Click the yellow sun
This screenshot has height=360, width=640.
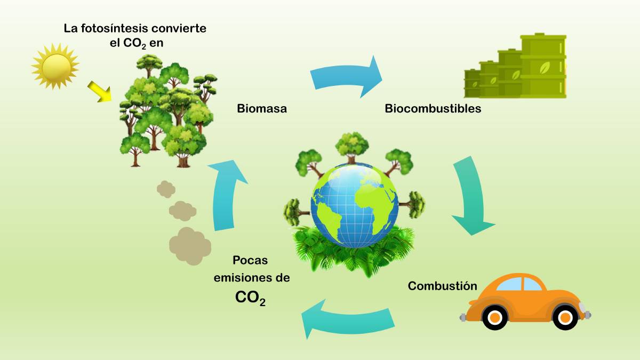[55, 67]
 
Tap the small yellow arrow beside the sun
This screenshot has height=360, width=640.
[100, 91]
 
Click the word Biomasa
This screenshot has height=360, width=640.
[262, 109]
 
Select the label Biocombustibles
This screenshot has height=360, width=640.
[433, 109]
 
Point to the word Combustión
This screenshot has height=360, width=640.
[442, 286]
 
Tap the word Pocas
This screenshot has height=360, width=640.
[250, 260]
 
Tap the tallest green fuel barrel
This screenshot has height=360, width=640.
[543, 66]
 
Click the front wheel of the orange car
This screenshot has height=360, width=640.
[565, 317]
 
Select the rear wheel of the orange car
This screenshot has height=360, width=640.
[495, 317]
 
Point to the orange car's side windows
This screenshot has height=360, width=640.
[518, 284]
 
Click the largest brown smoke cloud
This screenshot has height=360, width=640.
[190, 246]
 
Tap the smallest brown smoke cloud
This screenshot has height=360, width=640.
[166, 189]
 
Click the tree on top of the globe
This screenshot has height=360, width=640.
[351, 147]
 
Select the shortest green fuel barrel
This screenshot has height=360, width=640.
[472, 83]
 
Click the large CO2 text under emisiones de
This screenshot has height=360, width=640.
[250, 298]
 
